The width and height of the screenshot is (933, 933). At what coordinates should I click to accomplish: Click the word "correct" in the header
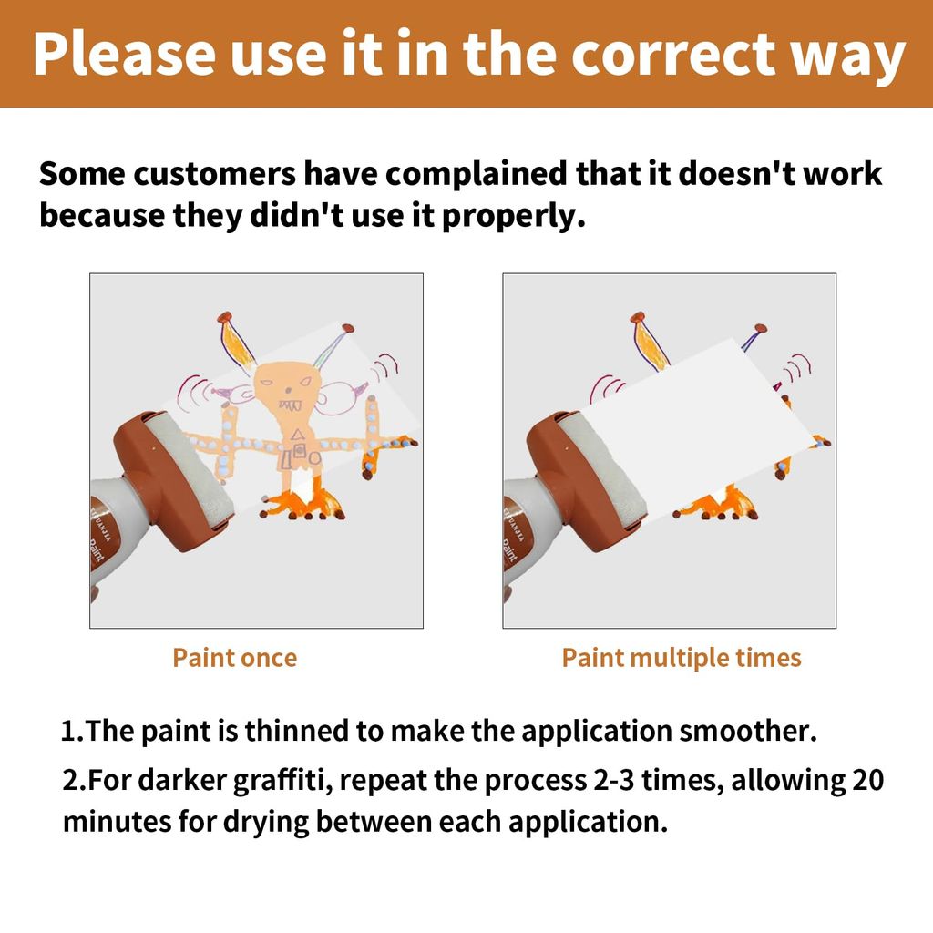[x=673, y=54]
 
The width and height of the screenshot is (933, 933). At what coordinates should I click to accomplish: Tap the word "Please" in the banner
[x=124, y=54]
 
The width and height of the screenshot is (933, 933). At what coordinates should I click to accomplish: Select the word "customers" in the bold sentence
[x=214, y=174]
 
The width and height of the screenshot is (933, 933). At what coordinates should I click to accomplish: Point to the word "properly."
[x=514, y=217]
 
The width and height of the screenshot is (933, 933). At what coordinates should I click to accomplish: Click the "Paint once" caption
[x=234, y=658]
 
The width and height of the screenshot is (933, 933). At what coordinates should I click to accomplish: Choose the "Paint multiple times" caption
[x=682, y=658]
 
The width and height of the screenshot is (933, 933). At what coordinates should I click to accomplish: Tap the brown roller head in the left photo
[x=173, y=481]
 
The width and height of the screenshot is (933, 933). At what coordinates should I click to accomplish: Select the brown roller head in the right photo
[x=587, y=481]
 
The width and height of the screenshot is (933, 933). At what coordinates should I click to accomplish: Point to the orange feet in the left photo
[x=304, y=503]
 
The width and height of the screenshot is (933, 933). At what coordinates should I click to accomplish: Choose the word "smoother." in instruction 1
[x=747, y=731]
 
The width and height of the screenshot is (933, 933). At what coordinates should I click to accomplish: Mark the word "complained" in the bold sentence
[x=476, y=175]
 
